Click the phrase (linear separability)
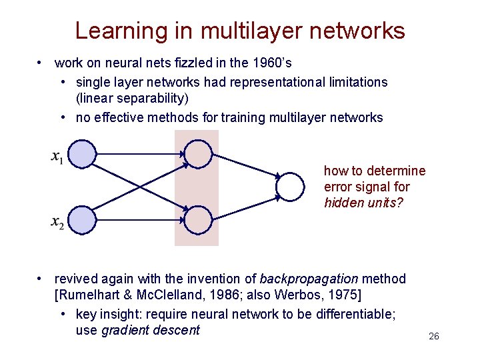(x=133, y=99)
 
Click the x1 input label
(x=57, y=157)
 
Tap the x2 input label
(x=57, y=222)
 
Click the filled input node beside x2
(x=83, y=220)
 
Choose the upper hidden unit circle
(x=197, y=153)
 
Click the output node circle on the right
(x=290, y=187)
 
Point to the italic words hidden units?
(x=363, y=203)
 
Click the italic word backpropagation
(x=309, y=279)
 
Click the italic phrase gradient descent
(x=150, y=330)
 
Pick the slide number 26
(x=433, y=337)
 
